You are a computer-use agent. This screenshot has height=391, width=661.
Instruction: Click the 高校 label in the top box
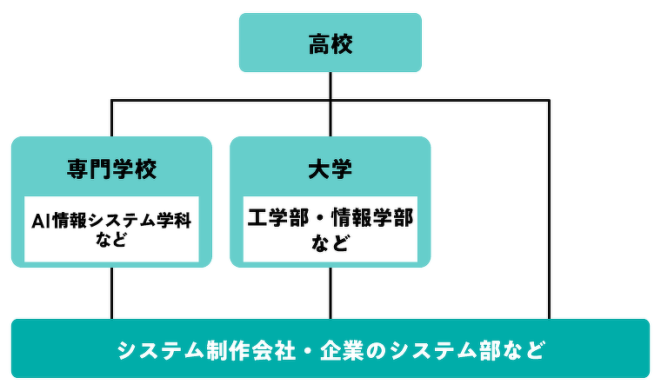click(330, 44)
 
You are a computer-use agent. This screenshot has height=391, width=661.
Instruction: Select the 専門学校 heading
click(111, 169)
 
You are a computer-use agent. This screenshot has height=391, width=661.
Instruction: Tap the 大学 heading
click(330, 169)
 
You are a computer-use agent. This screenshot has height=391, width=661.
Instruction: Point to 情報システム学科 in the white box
click(122, 221)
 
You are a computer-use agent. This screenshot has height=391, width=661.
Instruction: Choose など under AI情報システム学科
click(111, 240)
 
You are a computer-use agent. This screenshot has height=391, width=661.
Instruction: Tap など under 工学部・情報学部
click(330, 242)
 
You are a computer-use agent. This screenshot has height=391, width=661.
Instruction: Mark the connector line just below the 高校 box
click(330, 86)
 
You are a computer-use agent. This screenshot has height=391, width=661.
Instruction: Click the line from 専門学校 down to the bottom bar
click(112, 293)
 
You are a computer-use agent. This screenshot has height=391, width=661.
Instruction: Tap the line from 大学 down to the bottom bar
click(330, 293)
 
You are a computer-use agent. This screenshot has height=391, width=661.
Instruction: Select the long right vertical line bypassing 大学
click(549, 209)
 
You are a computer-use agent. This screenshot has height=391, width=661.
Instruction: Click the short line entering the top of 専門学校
click(112, 118)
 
